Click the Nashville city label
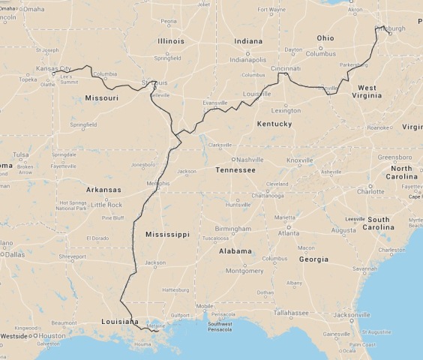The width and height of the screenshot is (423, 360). click(253, 160)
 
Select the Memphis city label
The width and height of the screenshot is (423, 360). click(158, 183)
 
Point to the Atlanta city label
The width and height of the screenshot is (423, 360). click(288, 233)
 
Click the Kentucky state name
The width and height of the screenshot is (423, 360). click(274, 124)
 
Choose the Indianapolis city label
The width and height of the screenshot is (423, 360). click(248, 59)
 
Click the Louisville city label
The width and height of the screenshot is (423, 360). click(256, 94)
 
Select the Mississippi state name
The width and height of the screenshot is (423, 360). click(167, 235)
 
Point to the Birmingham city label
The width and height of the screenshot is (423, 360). click(232, 229)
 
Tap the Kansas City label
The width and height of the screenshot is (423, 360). click(53, 68)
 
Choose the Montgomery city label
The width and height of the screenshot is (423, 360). click(244, 270)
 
